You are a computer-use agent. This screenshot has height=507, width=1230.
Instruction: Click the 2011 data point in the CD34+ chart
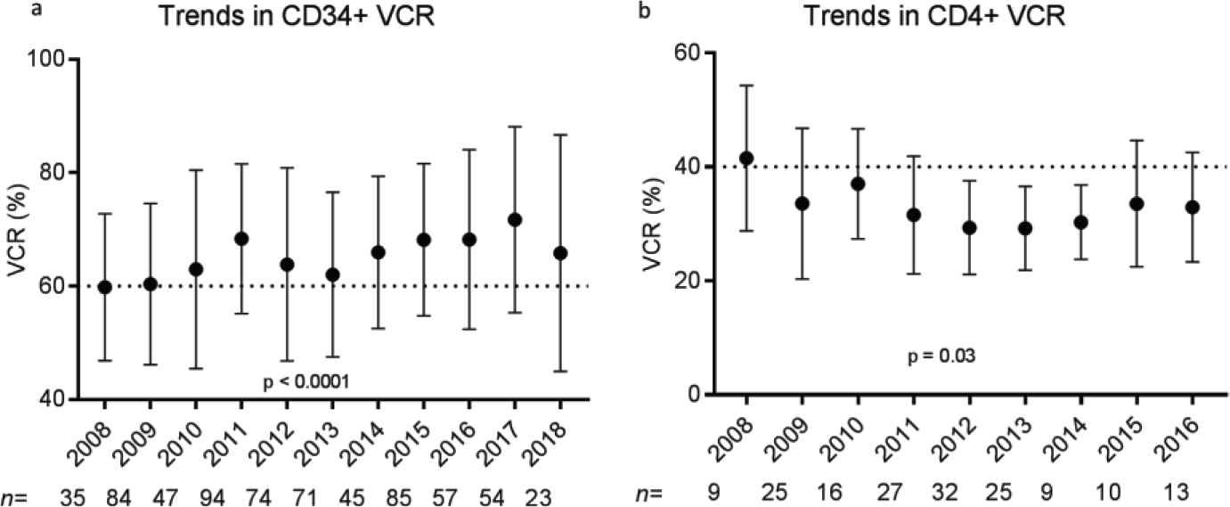(241, 239)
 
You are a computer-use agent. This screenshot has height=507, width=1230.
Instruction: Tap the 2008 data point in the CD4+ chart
(746, 159)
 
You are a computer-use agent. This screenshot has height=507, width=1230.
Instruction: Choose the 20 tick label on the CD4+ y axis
(680, 281)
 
